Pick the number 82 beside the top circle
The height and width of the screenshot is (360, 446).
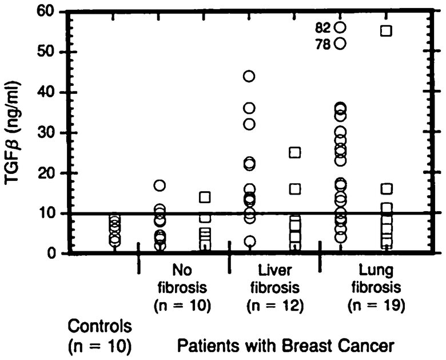(324, 27)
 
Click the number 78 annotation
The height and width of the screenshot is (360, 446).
(324, 43)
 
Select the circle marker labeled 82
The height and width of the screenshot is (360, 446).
(341, 27)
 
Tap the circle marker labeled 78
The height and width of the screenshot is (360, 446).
(341, 43)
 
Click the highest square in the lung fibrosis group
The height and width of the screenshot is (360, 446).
(386, 31)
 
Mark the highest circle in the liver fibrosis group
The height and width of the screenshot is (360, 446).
(249, 76)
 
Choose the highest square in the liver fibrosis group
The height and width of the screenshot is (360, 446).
(295, 152)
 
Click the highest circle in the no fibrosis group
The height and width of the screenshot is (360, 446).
(160, 185)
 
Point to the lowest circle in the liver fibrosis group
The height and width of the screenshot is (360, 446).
(250, 242)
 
